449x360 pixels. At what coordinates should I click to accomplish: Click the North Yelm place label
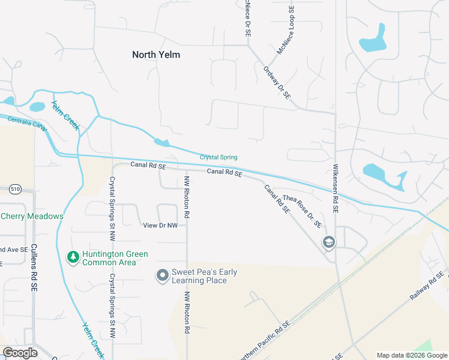point(156,55)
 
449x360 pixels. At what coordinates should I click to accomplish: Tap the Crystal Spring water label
point(218,157)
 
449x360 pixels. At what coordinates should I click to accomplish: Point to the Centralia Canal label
point(27,122)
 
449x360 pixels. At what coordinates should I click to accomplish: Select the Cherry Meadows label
point(32,216)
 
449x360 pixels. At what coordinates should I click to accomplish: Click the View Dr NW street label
point(160,225)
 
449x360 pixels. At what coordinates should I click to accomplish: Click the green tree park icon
point(73,257)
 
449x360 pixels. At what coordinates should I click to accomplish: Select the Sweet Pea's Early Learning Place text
point(204,276)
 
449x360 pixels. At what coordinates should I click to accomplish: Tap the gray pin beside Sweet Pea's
point(162,275)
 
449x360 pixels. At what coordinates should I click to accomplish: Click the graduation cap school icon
point(328,242)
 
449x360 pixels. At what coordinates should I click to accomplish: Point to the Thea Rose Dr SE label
point(302,211)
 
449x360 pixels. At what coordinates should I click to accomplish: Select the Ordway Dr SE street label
point(277,82)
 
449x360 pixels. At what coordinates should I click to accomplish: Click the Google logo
point(20,353)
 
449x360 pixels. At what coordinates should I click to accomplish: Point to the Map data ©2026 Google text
point(412,355)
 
